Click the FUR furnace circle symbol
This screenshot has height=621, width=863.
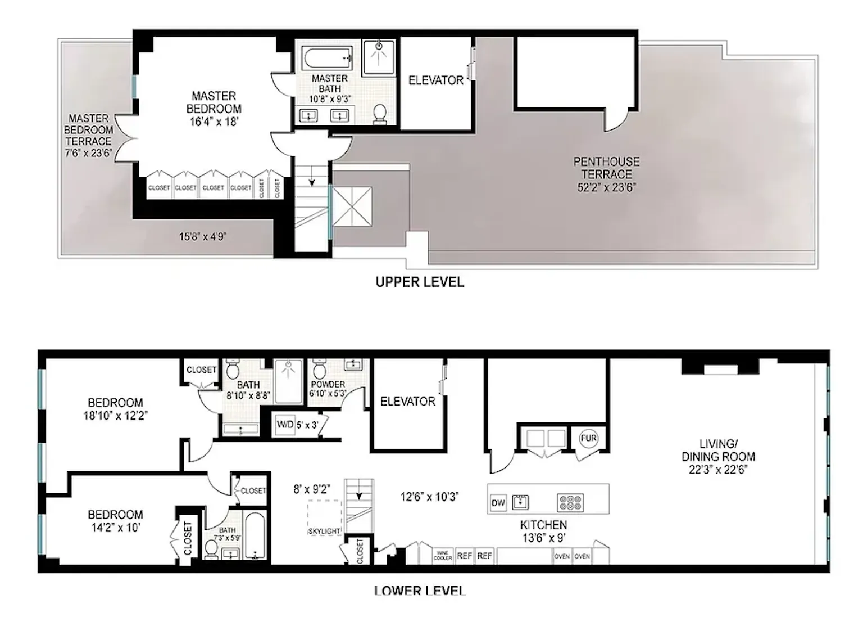[588, 438]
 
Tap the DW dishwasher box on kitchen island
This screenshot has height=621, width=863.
[498, 503]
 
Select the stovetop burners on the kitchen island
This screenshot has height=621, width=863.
[570, 502]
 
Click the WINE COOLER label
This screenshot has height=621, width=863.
[443, 556]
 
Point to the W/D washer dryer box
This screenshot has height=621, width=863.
[285, 425]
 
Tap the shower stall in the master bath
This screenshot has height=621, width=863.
[379, 57]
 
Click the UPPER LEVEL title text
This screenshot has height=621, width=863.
[420, 282]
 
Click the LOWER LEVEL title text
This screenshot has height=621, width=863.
[420, 591]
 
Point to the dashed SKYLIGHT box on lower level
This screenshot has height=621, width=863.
[324, 517]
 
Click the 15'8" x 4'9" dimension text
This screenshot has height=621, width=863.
[202, 237]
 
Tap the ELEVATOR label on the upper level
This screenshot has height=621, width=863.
[436, 80]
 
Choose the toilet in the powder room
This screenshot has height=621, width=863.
[320, 370]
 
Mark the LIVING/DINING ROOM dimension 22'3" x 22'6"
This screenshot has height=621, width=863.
[718, 470]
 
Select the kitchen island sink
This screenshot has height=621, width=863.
[521, 502]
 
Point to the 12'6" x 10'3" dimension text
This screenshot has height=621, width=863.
[430, 497]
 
